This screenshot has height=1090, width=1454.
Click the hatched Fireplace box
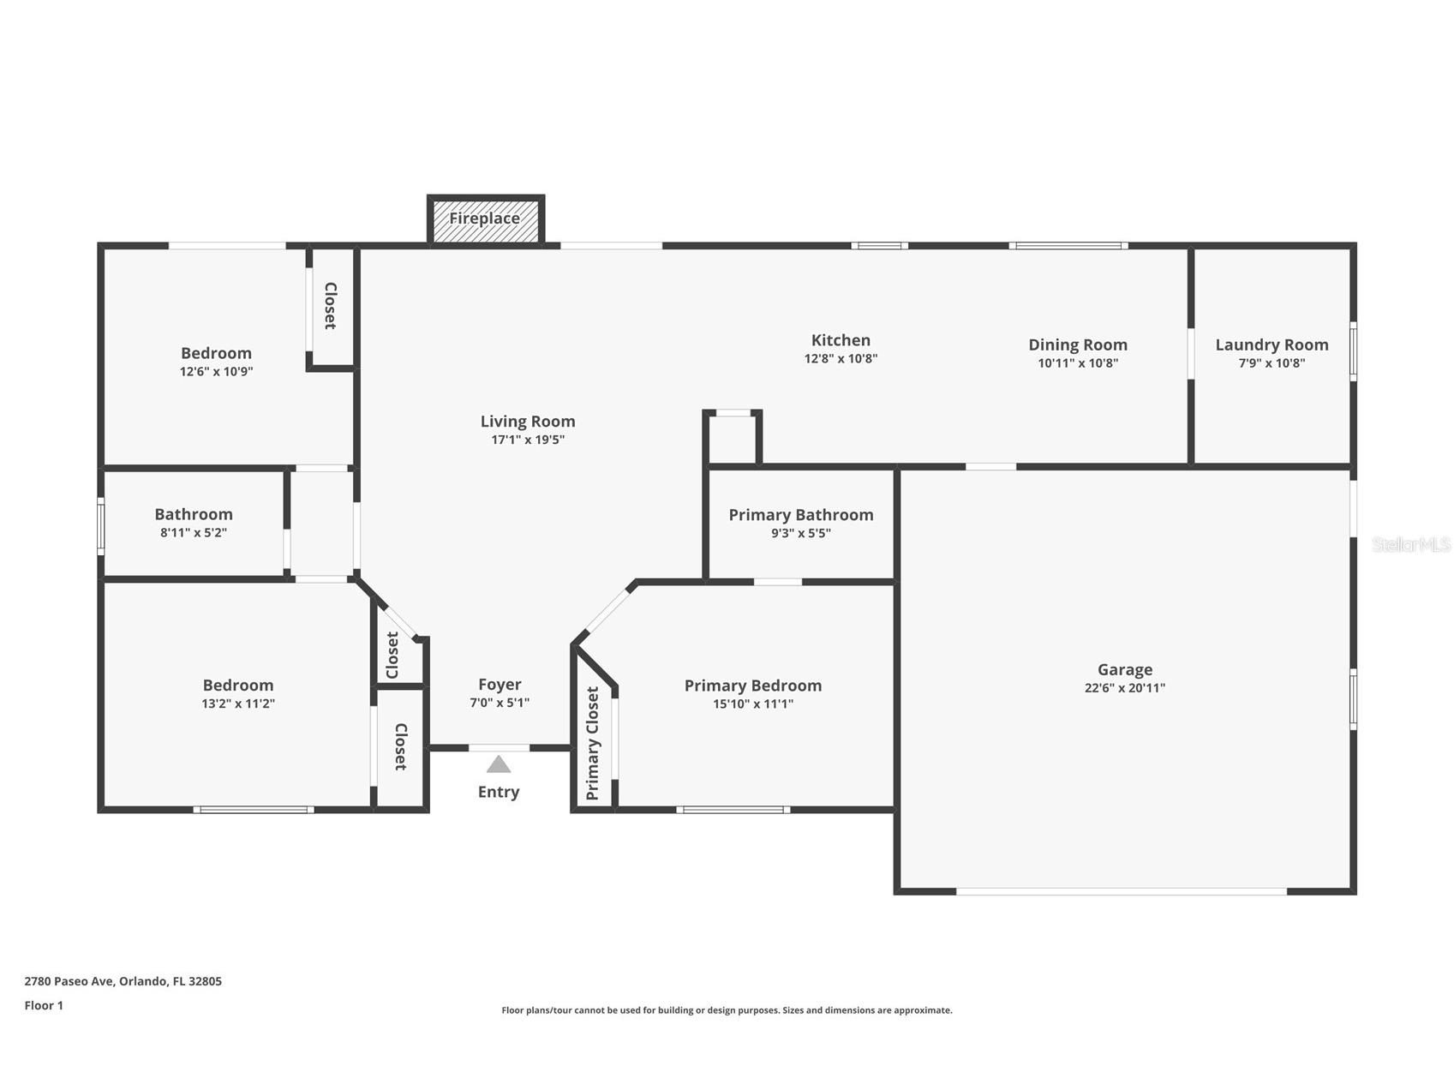(x=486, y=219)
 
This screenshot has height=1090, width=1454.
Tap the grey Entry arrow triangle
(x=499, y=764)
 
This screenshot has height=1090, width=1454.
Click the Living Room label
(x=528, y=421)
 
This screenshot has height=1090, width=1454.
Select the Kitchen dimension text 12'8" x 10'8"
(x=841, y=359)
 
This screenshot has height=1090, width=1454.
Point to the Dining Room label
(x=1078, y=344)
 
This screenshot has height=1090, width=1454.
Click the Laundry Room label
(x=1272, y=344)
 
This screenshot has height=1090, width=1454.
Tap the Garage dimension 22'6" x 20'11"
(x=1125, y=687)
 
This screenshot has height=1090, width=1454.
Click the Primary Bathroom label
(x=801, y=514)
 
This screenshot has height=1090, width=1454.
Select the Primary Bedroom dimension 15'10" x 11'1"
(x=753, y=704)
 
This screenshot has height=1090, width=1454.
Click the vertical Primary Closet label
(x=592, y=744)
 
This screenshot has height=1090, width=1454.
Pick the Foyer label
(x=500, y=684)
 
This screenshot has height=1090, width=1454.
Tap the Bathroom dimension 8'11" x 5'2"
(x=194, y=532)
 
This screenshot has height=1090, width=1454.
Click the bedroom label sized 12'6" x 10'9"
(x=216, y=353)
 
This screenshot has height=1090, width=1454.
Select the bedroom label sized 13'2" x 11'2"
(x=238, y=685)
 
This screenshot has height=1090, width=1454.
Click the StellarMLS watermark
(x=1411, y=544)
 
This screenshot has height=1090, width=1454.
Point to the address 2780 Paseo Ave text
(x=69, y=981)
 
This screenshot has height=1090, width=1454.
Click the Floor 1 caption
(x=44, y=1005)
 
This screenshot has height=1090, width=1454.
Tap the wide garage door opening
(x=1121, y=892)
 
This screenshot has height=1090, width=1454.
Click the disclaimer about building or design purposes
(x=727, y=1010)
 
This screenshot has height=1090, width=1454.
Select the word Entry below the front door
(x=499, y=792)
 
